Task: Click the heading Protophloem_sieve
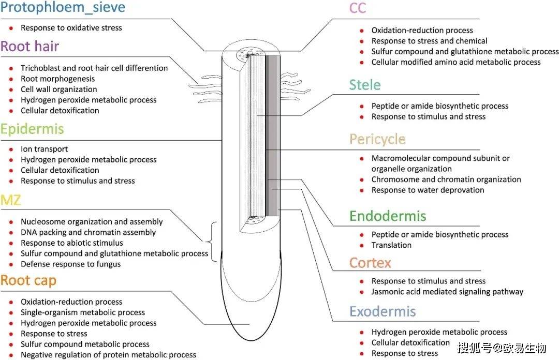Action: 63,8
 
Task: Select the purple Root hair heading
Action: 30,47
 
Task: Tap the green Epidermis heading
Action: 32,129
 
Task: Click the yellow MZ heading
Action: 11,200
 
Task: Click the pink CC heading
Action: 358,8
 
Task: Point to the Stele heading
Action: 365,85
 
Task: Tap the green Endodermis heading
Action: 388,216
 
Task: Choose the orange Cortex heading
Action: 370,263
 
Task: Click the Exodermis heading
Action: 383,311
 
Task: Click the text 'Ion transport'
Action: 45,149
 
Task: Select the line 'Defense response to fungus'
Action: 70,264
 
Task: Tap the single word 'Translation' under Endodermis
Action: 391,245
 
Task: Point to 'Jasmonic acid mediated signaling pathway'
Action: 447,292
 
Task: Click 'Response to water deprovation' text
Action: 428,190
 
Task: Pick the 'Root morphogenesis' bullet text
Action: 57,79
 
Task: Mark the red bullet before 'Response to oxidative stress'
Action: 11,27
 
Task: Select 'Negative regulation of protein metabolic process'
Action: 108,355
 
